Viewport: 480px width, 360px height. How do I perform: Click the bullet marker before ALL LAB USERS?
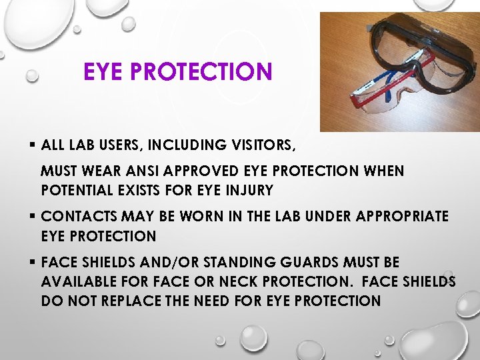coord(32,144)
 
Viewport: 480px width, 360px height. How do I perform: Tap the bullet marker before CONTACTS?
coord(32,216)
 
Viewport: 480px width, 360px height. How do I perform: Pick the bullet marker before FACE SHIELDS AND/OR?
coord(32,262)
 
